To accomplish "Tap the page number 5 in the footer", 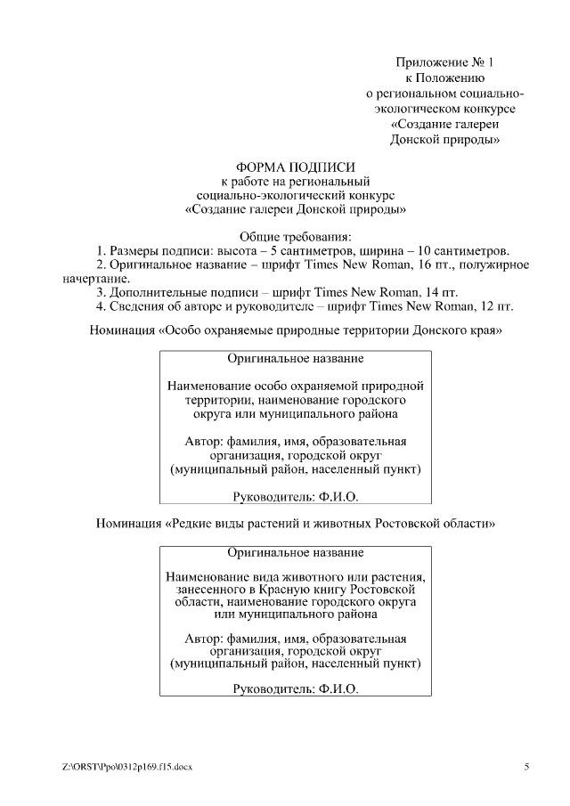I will pos(526,767).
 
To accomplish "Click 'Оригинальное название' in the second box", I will pos(295,552).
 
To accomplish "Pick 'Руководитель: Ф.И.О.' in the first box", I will pos(295,496).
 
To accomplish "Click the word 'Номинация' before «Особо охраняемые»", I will pos(123,330).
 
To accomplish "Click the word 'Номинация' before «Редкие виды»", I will pos(128,524).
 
